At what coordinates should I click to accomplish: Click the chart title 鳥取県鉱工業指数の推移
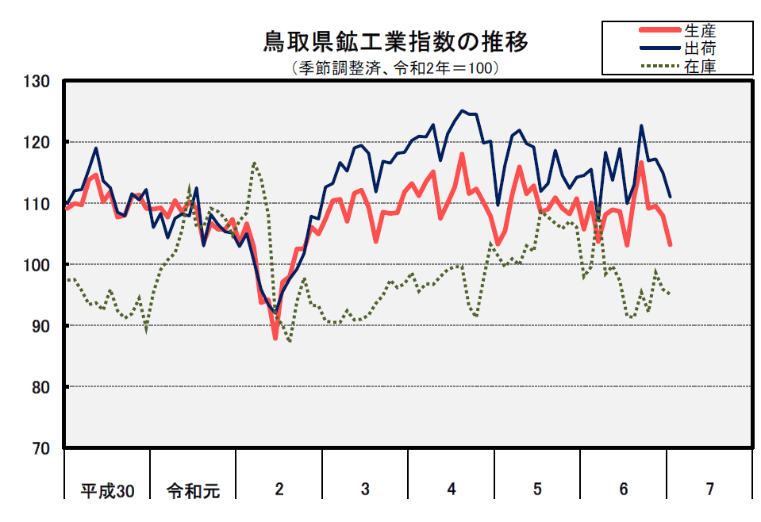pos(395,42)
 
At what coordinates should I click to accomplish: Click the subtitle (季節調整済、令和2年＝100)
pos(395,68)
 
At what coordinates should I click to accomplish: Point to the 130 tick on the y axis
pos(37,81)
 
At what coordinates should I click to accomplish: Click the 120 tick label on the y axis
pos(37,143)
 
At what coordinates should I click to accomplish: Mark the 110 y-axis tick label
pos(37,204)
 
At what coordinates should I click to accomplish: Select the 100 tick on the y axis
pos(37,265)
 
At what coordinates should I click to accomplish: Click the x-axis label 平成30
pos(107,490)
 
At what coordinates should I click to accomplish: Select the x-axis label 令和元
pos(193,490)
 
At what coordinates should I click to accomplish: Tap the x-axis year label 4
pos(452,489)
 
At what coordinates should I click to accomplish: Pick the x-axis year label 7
pos(709,489)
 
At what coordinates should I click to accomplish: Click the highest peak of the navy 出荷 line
pos(463,111)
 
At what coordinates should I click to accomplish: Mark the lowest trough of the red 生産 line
pos(275,338)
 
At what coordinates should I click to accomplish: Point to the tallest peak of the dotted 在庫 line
pos(254,163)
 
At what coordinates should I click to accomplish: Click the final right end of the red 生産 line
pos(671,245)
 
